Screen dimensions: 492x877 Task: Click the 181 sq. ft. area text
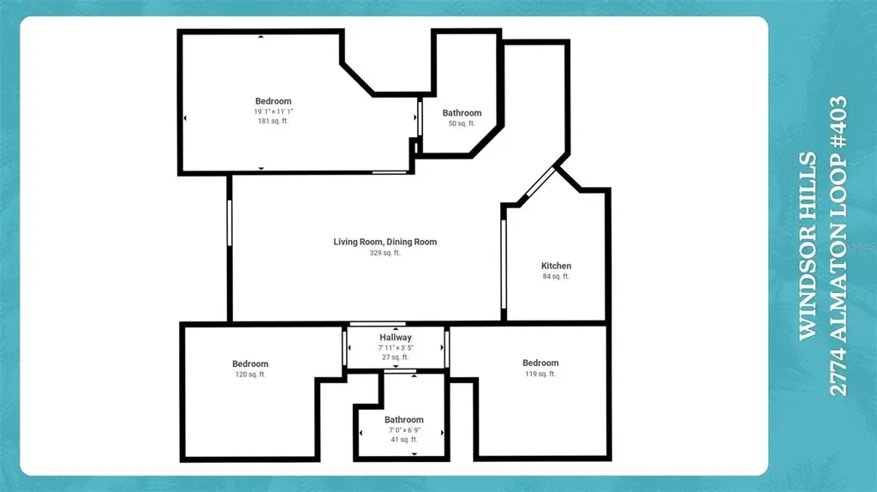[272, 122]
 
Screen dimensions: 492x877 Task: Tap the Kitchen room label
[556, 266]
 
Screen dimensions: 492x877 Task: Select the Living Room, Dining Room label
[385, 242]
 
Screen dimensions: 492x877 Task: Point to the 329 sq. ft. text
[385, 253]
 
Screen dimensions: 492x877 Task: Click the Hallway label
[396, 338]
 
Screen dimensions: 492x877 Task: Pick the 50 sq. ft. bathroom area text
[462, 124]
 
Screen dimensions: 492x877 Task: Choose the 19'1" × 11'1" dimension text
[272, 111]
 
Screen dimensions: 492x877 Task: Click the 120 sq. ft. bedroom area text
[250, 375]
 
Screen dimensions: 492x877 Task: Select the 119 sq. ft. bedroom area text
[540, 374]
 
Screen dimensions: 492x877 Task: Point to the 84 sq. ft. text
[556, 276]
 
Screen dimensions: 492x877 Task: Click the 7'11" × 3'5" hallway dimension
[396, 348]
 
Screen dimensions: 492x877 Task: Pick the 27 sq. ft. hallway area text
[396, 357]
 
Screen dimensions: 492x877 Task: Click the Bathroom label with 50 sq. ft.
[462, 113]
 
